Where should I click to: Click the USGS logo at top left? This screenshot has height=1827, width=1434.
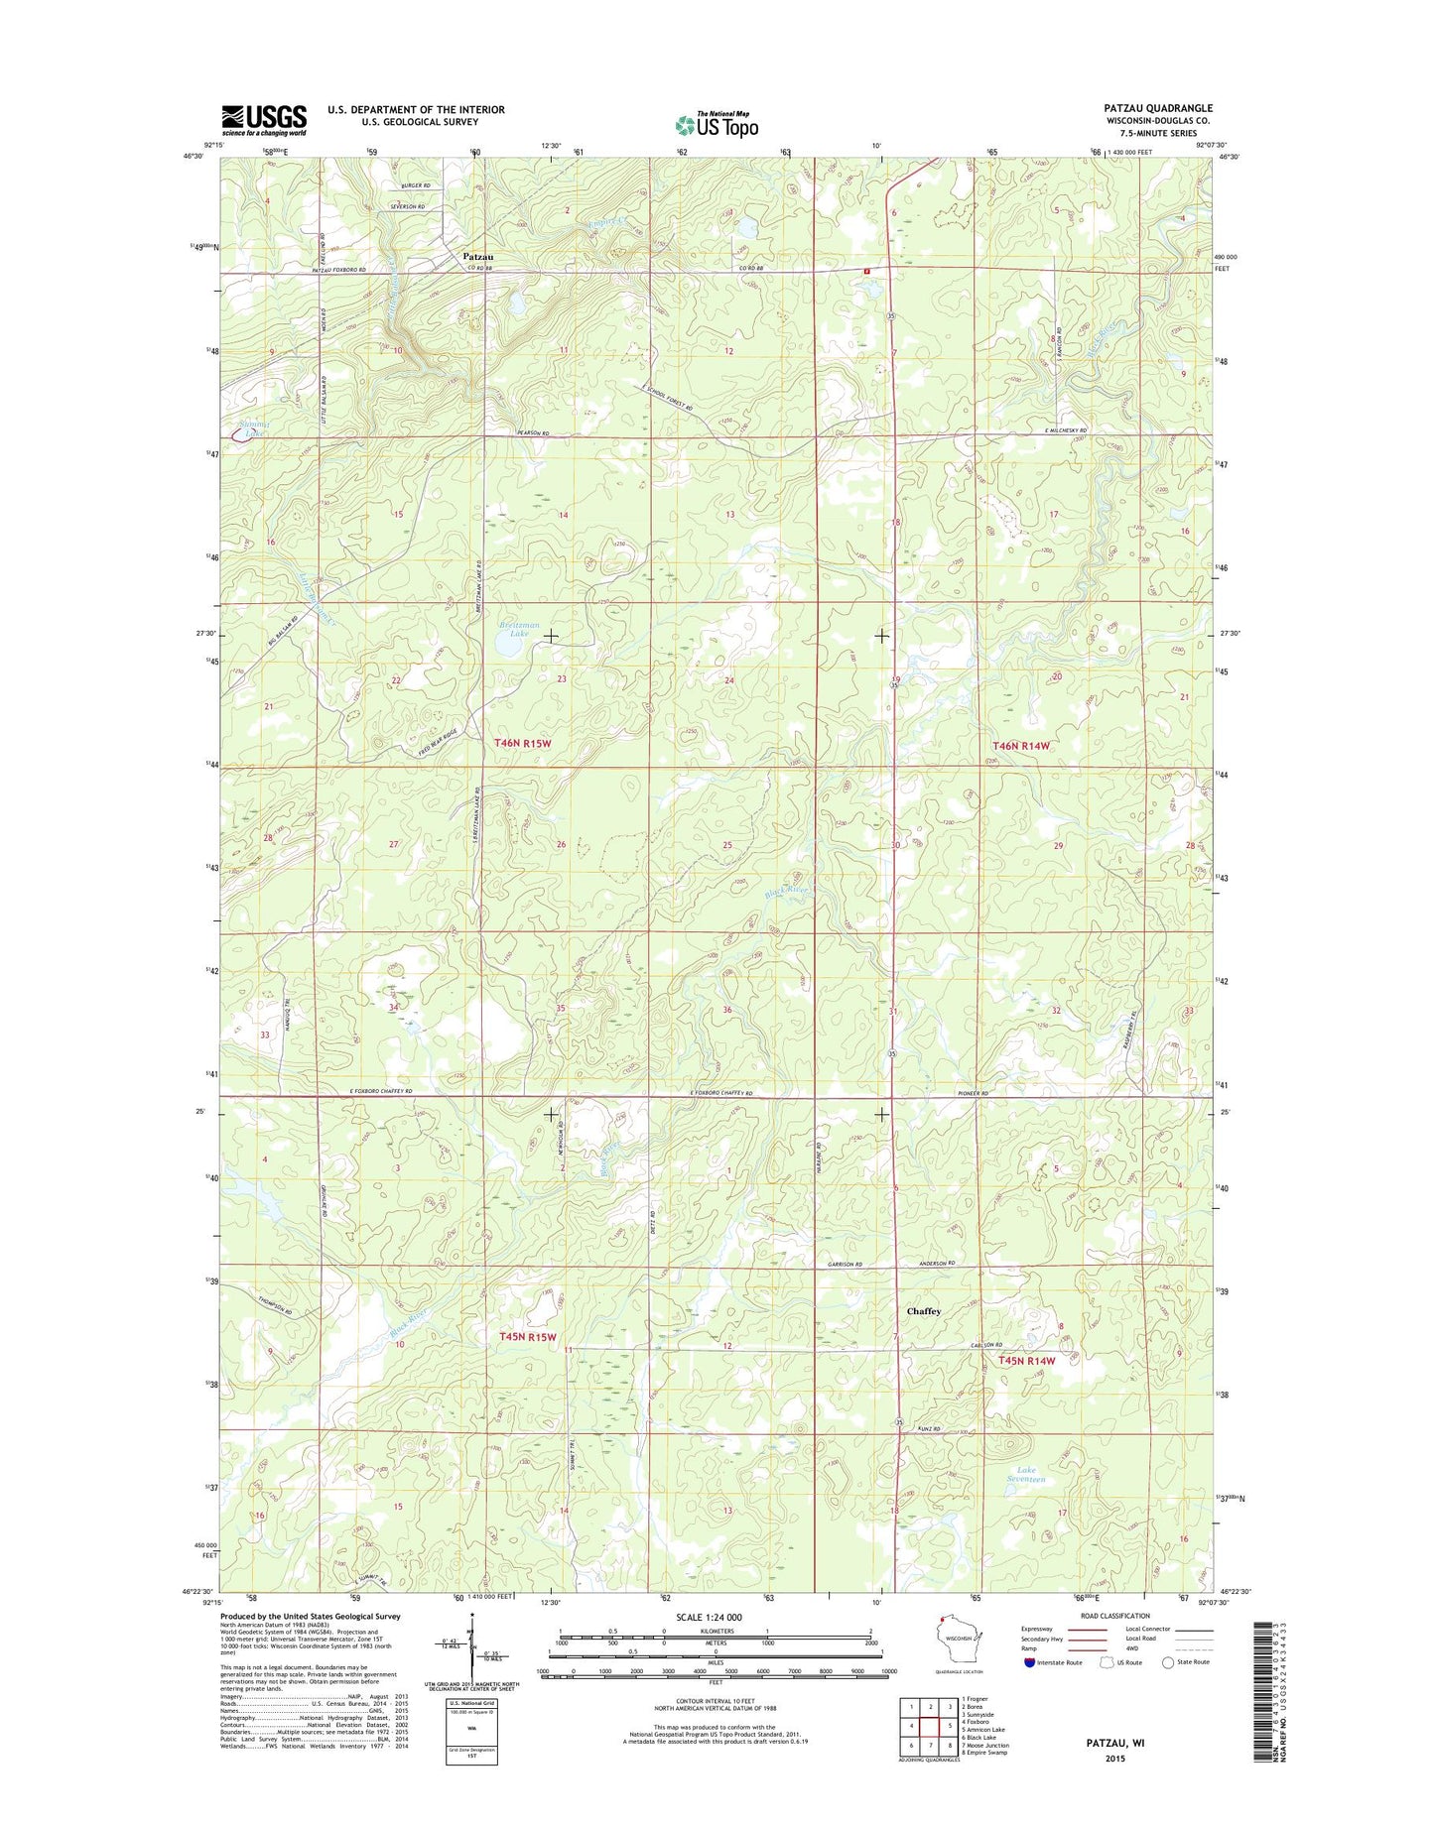[263, 119]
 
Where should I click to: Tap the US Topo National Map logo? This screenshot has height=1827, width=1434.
[717, 124]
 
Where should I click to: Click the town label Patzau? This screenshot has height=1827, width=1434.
[477, 256]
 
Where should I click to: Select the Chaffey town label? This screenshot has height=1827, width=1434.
[923, 1311]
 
